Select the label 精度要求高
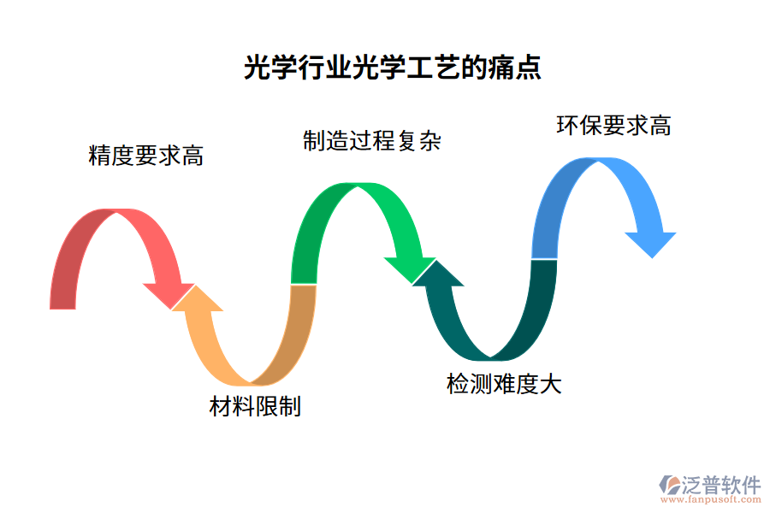coord(146,156)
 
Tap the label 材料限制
coord(255,406)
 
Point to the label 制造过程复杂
coord(371,141)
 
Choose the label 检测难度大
coord(504,384)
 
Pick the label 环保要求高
coord(613,126)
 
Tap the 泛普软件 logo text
coord(720,485)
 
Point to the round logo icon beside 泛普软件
coord(668,485)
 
